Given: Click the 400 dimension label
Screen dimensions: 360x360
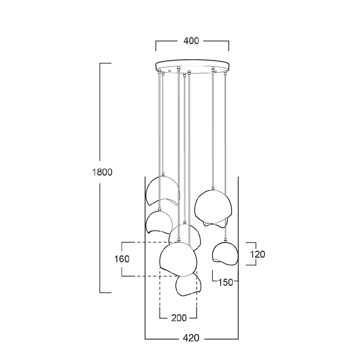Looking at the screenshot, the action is point(191,41).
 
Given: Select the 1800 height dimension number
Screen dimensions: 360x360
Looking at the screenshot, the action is point(102,172).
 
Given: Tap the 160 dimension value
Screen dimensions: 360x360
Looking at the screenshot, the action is point(122,259).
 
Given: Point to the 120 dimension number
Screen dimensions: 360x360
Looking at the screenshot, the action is point(257,254).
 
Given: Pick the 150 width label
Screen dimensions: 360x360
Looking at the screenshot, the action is point(225,282).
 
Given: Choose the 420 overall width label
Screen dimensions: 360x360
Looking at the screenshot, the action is point(191,338).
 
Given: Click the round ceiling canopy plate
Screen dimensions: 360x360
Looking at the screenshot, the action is point(192,67).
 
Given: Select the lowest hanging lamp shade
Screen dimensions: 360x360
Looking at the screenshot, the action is point(188,284).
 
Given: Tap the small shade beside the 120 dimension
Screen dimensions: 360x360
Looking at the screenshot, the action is point(225,253).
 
